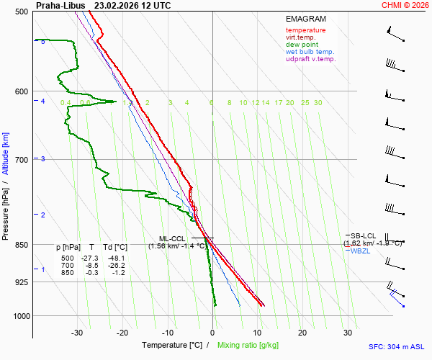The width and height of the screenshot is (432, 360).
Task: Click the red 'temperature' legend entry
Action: click(305, 30)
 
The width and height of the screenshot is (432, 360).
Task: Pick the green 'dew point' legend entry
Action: click(302, 45)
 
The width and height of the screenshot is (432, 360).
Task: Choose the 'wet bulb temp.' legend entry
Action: click(310, 52)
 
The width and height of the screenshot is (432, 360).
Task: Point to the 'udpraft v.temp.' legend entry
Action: click(310, 59)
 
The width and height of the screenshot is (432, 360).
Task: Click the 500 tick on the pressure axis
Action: click(20, 12)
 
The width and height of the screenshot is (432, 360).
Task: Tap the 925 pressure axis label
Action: click(20, 282)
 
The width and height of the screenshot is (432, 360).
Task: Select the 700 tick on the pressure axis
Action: click(20, 159)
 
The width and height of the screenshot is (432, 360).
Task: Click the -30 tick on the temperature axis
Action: click(78, 333)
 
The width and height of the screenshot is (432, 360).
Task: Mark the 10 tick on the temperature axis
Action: click(257, 333)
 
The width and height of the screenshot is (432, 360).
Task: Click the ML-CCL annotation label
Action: click(173, 238)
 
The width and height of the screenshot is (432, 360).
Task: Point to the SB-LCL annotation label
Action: click(364, 235)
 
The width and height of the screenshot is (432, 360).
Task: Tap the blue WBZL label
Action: click(361, 251)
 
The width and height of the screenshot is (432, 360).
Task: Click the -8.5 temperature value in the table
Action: click(91, 266)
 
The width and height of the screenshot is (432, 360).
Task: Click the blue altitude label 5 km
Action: click(43, 42)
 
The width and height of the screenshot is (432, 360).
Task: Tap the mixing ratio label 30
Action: click(318, 103)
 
